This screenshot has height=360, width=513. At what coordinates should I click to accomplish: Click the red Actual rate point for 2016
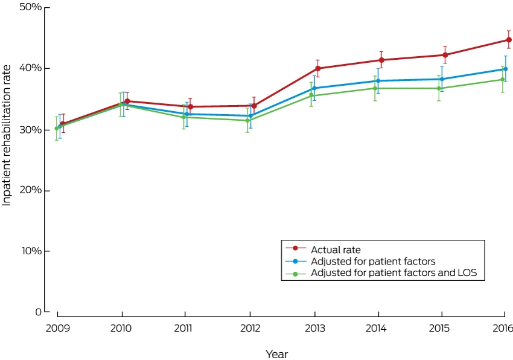509,40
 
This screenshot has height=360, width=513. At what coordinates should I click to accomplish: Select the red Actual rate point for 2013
317,68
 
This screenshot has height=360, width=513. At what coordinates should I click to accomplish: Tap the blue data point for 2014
378,80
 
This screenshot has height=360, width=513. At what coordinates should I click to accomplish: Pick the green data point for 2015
439,88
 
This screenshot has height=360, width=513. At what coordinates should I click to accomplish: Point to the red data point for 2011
190,107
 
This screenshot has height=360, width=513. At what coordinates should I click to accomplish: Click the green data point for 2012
247,120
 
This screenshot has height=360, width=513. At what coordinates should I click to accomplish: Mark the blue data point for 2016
506,69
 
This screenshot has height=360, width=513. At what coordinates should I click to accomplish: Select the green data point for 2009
57,129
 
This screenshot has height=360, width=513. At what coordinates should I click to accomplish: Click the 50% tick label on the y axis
31,7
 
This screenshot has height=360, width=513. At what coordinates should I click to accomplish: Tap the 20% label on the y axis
31,190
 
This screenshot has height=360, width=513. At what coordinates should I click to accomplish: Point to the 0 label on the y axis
38,312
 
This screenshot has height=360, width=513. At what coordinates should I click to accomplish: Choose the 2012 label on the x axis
250,328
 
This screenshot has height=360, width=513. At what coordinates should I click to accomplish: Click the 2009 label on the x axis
57,328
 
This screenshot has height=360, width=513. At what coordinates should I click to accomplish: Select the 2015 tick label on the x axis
439,328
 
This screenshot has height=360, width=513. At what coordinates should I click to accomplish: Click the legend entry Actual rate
336,250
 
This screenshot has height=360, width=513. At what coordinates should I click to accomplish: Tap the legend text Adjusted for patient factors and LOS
394,272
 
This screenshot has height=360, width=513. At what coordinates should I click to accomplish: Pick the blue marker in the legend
295,262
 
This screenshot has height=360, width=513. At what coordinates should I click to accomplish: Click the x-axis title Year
277,354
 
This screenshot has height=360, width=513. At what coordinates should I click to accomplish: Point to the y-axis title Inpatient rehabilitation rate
7,135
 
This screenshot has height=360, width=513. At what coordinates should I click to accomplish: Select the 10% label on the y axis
32,251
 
